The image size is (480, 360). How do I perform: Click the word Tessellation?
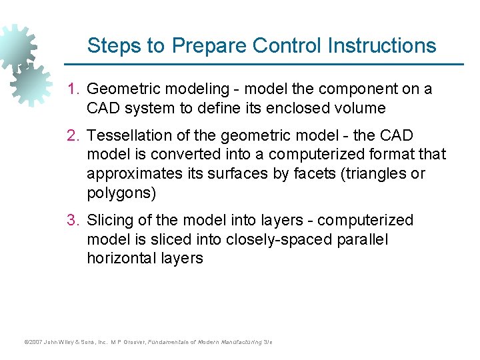tap(129, 136)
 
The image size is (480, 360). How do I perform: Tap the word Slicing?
tap(111, 221)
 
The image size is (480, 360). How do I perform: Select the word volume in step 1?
tap(360, 108)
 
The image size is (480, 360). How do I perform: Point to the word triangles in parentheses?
tap(373, 174)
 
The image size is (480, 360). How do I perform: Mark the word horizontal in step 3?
tap(122, 259)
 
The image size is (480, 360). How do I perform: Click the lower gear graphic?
tap(31, 85)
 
